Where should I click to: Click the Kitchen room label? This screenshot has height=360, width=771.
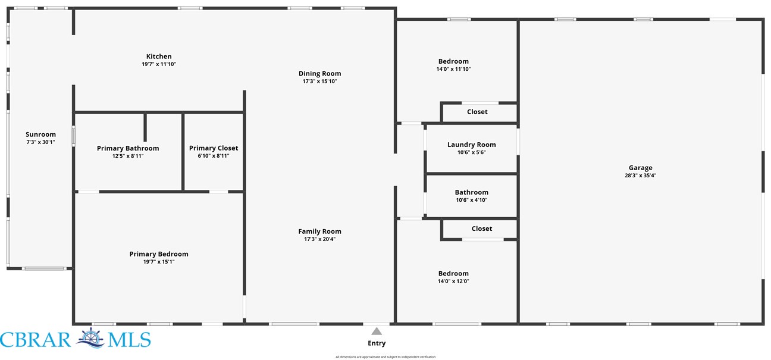click(159, 57)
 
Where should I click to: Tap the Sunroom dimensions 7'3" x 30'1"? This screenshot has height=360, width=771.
click(40, 142)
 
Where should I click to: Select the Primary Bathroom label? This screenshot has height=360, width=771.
click(128, 148)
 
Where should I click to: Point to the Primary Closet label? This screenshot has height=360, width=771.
click(214, 148)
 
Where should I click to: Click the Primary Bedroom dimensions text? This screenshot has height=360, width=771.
click(159, 262)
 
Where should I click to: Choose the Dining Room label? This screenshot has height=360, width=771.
click(319, 74)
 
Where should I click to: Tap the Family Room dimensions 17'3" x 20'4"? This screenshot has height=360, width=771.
click(319, 239)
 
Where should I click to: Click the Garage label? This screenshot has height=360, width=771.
click(641, 168)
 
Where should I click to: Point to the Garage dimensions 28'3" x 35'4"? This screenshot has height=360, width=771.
click(641, 176)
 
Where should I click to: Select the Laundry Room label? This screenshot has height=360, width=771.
click(472, 145)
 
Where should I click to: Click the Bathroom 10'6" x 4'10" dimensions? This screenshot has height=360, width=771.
click(472, 200)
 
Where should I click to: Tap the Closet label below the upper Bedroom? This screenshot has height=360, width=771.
click(477, 112)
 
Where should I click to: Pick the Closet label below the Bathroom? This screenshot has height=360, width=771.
click(482, 229)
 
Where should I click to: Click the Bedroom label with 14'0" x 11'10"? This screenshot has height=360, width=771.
click(453, 61)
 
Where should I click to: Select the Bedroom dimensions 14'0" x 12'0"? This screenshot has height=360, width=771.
click(453, 281)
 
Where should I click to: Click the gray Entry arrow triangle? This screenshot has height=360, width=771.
click(377, 331)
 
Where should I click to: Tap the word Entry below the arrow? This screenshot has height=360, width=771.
click(377, 343)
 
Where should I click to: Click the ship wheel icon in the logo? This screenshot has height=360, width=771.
click(90, 338)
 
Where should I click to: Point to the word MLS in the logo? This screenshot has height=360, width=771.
click(130, 340)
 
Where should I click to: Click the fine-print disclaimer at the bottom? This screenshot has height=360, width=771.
click(385, 357)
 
